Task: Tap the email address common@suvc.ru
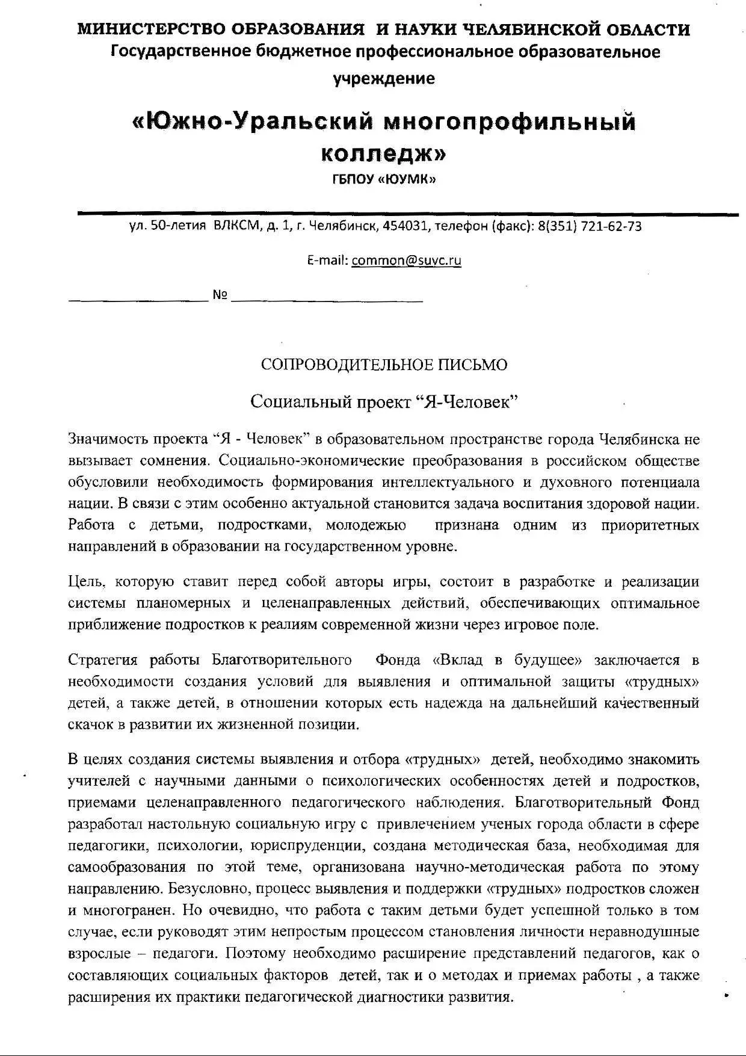(406, 261)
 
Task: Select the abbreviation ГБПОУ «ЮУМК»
(384, 179)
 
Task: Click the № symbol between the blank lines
(220, 295)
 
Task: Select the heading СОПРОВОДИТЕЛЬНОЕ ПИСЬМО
(384, 365)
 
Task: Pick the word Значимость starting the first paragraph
(108, 439)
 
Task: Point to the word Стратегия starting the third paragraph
(103, 660)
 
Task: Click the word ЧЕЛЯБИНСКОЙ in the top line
(525, 29)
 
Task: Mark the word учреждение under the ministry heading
(384, 78)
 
